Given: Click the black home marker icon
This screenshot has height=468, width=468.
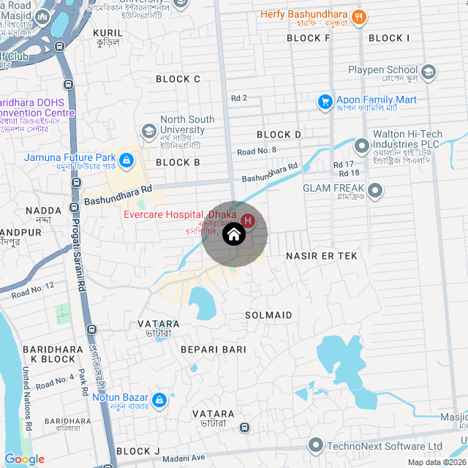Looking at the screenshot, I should (233, 235).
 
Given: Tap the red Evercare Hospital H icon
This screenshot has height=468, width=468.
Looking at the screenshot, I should (248, 220).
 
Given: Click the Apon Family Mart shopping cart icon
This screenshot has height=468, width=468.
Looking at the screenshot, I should (325, 101).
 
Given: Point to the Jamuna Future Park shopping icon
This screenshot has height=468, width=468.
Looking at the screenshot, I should (126, 159).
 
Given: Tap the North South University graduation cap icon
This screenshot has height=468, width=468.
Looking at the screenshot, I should (149, 130).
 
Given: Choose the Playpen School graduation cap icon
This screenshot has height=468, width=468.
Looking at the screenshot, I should (429, 72).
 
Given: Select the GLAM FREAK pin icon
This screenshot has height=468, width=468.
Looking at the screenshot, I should (375, 192).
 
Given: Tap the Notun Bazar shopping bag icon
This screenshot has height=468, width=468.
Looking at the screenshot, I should (159, 400).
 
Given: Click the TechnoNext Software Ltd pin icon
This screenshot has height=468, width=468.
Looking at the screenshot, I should (316, 445).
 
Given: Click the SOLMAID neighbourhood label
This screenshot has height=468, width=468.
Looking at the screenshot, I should (268, 315).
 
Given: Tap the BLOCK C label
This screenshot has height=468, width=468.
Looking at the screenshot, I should (178, 79).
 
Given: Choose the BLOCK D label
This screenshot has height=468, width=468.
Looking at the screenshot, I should (279, 135).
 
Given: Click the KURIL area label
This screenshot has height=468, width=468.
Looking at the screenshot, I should (108, 33).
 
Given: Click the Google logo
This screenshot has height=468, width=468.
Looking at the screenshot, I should (25, 459).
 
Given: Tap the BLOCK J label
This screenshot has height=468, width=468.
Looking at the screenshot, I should (137, 451).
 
